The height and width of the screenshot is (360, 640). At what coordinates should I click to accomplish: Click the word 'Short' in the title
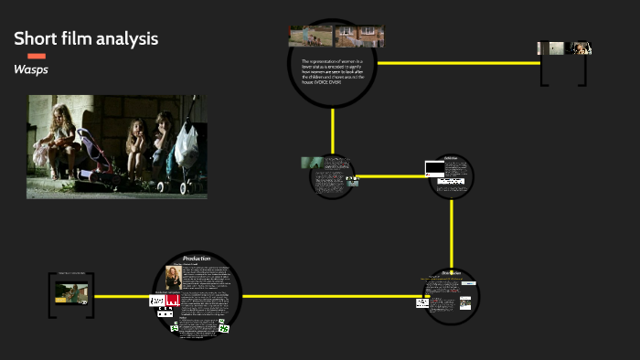coord(36,38)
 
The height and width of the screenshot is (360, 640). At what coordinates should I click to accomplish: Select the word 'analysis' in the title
coord(127,38)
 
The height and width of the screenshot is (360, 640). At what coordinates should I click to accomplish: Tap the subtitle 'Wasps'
coord(31,69)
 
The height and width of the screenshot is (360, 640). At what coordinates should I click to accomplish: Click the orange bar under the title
coord(37,56)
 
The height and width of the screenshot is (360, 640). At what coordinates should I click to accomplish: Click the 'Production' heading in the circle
coord(197,259)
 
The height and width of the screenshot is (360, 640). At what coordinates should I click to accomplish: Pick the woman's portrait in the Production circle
coord(173,277)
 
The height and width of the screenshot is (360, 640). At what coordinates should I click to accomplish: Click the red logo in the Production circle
coord(173,299)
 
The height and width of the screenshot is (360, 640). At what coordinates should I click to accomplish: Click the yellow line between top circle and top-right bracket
coord(457,63)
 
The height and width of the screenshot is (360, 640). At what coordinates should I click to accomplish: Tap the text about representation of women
coord(333,70)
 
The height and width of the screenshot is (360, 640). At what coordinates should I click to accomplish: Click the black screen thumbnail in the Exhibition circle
coord(434,168)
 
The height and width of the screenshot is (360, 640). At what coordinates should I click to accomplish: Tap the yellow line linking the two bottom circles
coord(329,296)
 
